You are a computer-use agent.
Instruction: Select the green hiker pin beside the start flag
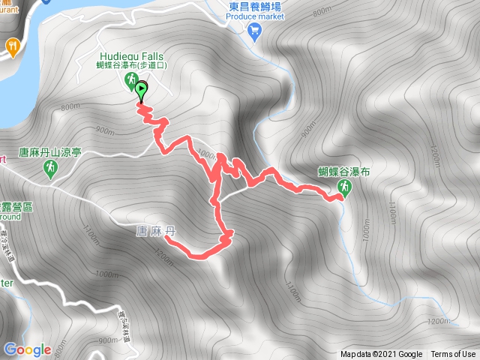point(130,80)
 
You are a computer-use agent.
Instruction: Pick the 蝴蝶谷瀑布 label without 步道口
point(344,172)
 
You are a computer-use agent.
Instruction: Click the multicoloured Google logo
point(27,349)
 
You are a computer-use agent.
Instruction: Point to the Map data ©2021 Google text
point(381,354)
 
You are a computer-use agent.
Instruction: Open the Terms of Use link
point(452,354)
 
